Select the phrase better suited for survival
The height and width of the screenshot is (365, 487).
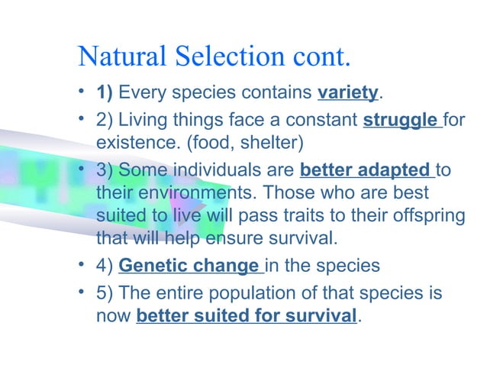pyautogui.click(x=246, y=315)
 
